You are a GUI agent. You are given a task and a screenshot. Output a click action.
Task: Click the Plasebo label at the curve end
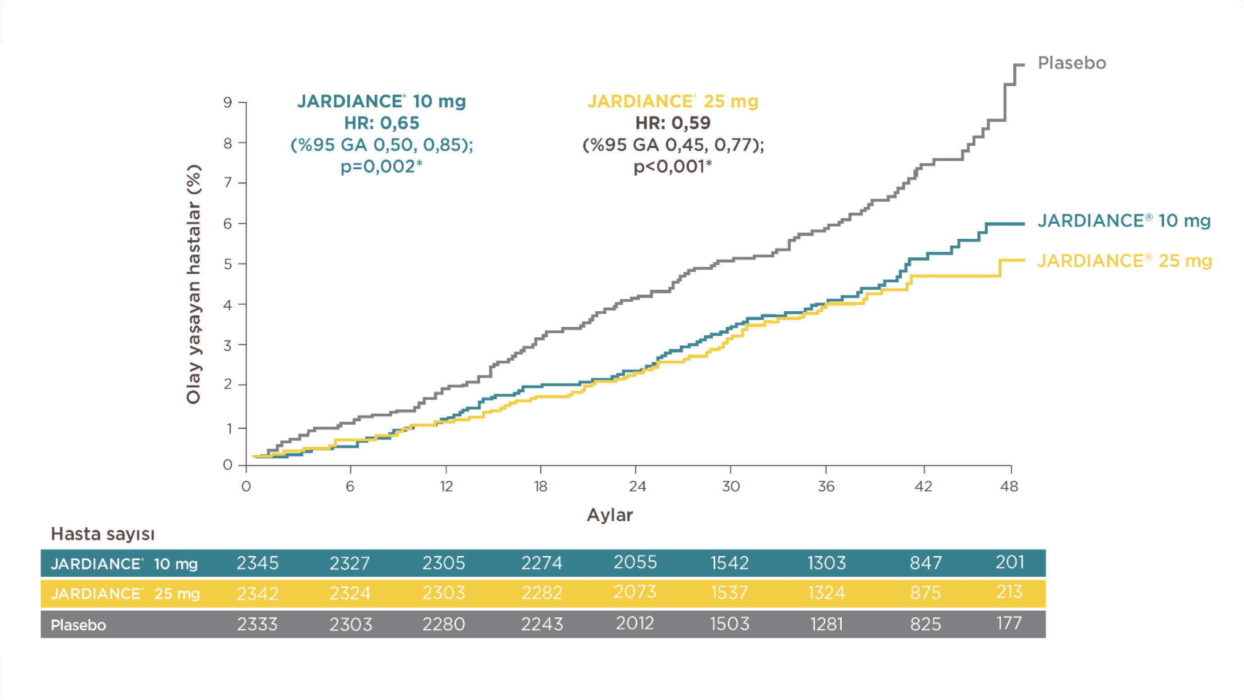tap(1072, 63)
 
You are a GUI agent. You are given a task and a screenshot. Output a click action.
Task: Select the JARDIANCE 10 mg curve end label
tap(1124, 220)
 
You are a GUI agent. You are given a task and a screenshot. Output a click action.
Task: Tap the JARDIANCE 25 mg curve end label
tap(1124, 261)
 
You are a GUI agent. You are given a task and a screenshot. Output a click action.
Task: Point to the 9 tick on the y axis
tap(228, 102)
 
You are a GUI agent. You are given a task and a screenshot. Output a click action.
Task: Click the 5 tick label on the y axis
tap(228, 264)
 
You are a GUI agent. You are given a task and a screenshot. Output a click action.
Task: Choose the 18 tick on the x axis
tap(540, 486)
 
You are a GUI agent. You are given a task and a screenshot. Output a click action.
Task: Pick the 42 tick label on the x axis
tap(923, 486)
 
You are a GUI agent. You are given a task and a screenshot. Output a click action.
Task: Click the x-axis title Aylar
tap(610, 515)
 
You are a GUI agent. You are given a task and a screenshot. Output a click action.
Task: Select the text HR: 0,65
tap(382, 123)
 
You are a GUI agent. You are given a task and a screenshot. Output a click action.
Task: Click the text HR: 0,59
tap(673, 123)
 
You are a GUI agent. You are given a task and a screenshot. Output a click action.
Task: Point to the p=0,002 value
tap(382, 166)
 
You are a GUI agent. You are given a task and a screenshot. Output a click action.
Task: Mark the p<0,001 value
tap(673, 166)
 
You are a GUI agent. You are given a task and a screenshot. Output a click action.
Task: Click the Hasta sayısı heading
tap(102, 534)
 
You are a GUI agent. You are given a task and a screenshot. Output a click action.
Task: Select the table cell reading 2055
tap(635, 562)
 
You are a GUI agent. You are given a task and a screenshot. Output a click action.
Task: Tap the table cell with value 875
tap(925, 593)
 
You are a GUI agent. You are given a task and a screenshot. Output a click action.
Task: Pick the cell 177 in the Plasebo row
tap(1009, 623)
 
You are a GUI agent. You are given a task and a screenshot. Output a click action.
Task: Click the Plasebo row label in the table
tap(78, 625)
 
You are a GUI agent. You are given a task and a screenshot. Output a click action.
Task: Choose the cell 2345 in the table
tap(257, 563)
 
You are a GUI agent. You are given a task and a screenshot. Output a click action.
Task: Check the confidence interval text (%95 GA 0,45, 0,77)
tap(673, 145)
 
